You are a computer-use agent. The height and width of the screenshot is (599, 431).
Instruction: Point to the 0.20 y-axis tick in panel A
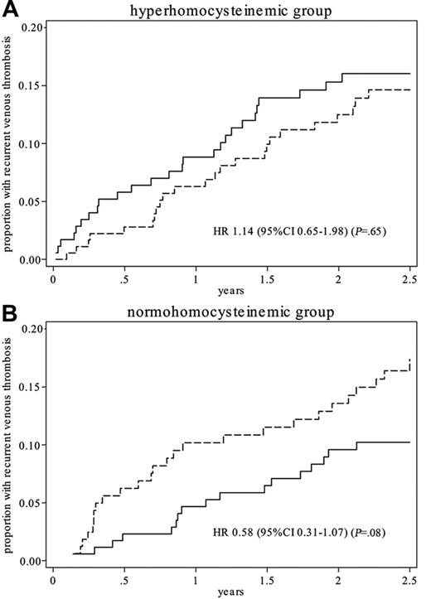31,27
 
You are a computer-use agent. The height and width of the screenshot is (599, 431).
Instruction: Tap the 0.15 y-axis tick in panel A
31,85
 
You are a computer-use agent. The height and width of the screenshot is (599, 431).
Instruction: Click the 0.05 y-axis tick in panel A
31,201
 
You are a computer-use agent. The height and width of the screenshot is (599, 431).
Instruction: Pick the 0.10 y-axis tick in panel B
31,445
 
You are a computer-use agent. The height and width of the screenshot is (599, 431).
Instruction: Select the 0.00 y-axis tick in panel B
31,561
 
